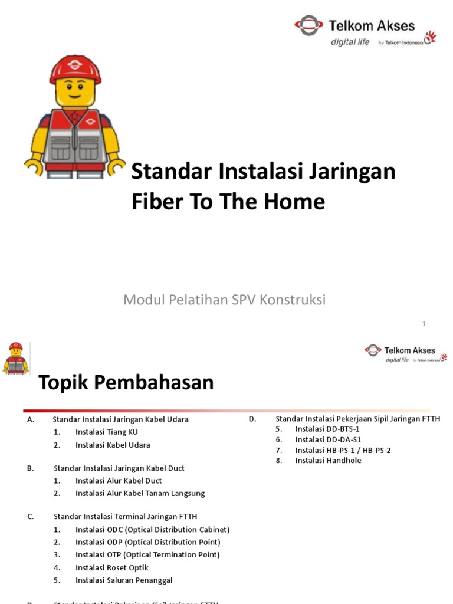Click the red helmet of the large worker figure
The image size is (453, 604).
pyautogui.click(x=75, y=68)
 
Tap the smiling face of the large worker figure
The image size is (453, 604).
pyautogui.click(x=75, y=91)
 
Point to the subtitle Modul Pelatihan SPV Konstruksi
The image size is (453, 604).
pyautogui.click(x=224, y=300)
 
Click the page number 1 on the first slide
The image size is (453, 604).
pyautogui.click(x=424, y=324)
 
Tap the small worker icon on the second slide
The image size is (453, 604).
pyautogui.click(x=16, y=358)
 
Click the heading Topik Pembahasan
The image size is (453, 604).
pyautogui.click(x=126, y=383)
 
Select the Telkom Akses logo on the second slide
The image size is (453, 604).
pyautogui.click(x=406, y=353)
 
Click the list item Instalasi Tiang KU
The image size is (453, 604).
pyautogui.click(x=107, y=432)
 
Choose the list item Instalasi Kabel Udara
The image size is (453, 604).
pyautogui.click(x=113, y=445)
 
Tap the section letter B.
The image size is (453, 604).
pyautogui.click(x=30, y=468)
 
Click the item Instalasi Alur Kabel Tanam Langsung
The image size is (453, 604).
pyautogui.click(x=140, y=493)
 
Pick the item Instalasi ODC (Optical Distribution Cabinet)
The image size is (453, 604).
pyautogui.click(x=152, y=530)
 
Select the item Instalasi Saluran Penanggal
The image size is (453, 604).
pyautogui.click(x=124, y=580)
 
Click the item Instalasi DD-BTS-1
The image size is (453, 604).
pyautogui.click(x=327, y=429)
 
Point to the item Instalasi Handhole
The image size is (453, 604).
pyautogui.click(x=328, y=461)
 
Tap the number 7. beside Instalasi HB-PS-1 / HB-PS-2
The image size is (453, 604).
pyautogui.click(x=279, y=450)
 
